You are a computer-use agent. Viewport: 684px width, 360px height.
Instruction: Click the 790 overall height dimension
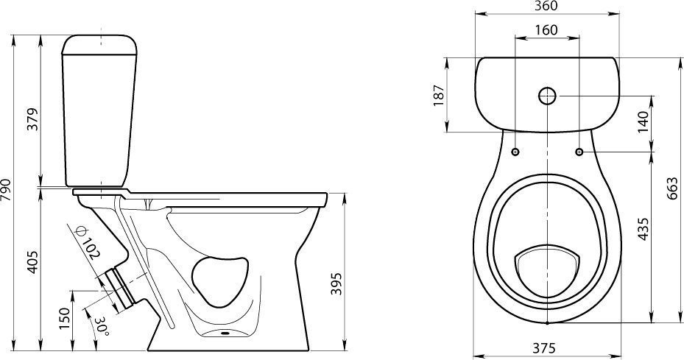tap(6, 189)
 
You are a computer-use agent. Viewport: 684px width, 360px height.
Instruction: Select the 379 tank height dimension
tap(32, 119)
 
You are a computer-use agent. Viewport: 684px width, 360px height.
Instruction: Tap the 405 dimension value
tap(32, 262)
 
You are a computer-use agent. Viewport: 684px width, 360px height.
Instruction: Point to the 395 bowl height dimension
tap(336, 283)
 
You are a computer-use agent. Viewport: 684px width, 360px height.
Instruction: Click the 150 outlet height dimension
tap(65, 319)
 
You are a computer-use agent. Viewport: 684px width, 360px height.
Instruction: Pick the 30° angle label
tap(102, 325)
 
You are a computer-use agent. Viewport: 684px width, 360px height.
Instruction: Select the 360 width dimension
tap(546, 6)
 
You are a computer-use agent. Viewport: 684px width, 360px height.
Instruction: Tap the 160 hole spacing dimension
tap(546, 29)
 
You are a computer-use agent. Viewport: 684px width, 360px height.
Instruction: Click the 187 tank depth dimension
tap(438, 95)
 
